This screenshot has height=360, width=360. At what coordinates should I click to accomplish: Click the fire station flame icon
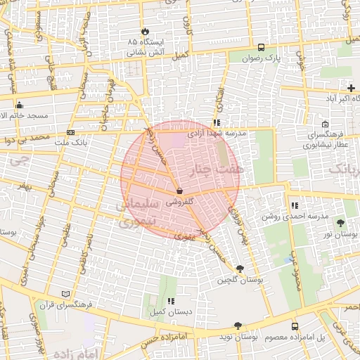[x=145, y=32]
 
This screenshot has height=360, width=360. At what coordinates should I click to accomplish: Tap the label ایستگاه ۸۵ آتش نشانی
[x=146, y=47]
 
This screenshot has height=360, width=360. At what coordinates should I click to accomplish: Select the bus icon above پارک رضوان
[x=262, y=48]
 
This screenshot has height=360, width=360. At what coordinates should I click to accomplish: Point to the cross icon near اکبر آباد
[x=351, y=88]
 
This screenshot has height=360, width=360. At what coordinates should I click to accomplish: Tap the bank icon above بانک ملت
[x=70, y=132]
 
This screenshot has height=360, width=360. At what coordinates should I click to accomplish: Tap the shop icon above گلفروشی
[x=180, y=191]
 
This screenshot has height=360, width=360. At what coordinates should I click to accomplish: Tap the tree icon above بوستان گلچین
[x=240, y=269]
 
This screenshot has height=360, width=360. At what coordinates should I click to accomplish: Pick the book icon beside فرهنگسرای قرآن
[x=66, y=293]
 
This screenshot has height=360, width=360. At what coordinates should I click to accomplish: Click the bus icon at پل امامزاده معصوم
[x=295, y=326]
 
